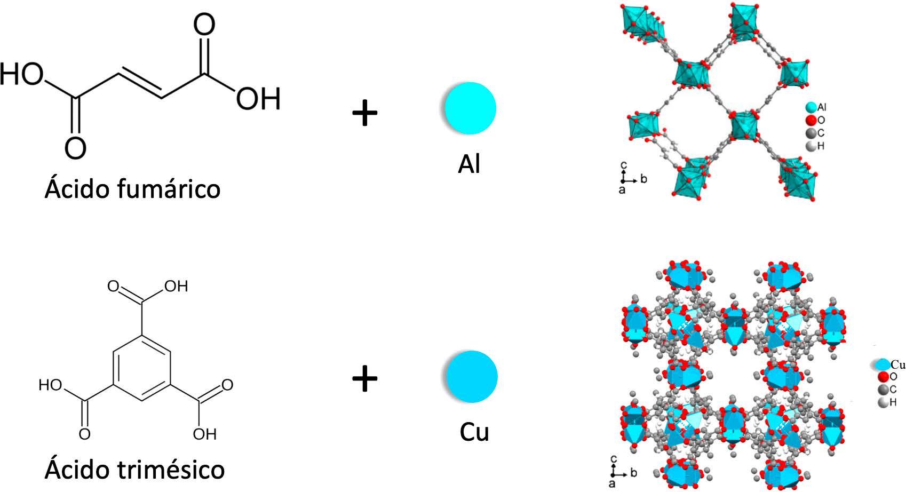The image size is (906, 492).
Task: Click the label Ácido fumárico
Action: click(x=132, y=188)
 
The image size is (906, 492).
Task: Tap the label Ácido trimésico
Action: click(x=134, y=470)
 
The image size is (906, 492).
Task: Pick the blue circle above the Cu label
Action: click(x=471, y=376)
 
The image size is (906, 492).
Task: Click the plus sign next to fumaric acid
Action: click(x=365, y=113)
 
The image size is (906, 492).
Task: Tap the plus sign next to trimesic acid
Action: click(x=365, y=379)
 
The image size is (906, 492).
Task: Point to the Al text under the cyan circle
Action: click(x=469, y=164)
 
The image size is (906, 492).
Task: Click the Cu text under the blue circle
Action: click(x=474, y=432)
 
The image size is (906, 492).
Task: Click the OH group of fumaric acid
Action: click(x=258, y=99)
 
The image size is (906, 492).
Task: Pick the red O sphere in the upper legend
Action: click(x=811, y=121)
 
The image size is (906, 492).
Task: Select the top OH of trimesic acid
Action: click(x=176, y=287)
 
